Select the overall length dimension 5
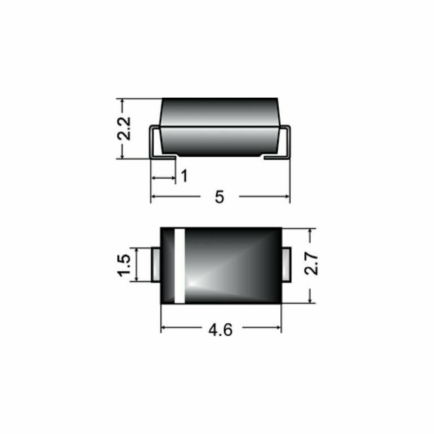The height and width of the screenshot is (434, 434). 219,197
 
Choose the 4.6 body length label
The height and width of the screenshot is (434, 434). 220,330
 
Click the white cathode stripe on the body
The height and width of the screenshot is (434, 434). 180,265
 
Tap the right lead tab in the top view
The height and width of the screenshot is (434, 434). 286,264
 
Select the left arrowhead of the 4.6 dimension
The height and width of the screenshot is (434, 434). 164,327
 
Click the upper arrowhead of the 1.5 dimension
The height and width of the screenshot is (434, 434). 137,251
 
